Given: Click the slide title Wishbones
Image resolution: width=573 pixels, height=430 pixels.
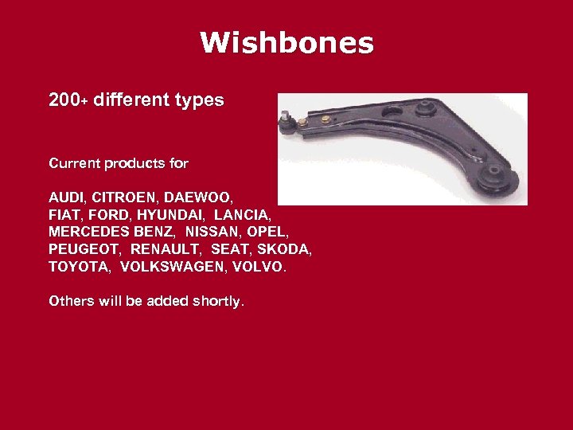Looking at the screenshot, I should (x=286, y=43).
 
